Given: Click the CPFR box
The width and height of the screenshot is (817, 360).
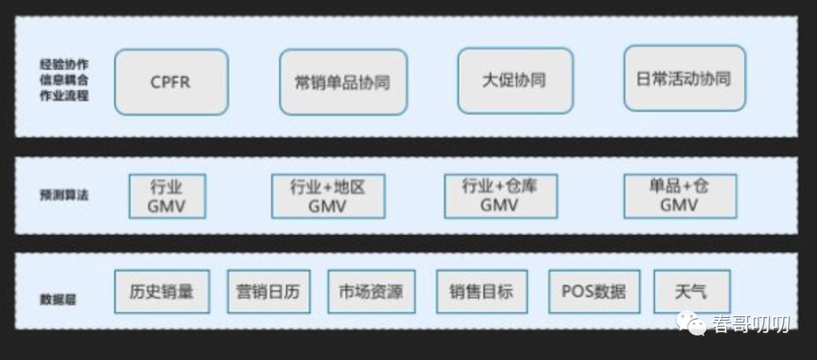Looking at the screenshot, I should click(171, 82).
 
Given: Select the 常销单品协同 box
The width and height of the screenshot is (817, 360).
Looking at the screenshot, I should click(343, 82).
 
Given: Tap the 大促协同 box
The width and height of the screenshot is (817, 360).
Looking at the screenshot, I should click(514, 80).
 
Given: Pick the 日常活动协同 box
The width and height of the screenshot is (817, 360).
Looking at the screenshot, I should click(684, 79).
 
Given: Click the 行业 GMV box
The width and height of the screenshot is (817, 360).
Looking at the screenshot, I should click(166, 196).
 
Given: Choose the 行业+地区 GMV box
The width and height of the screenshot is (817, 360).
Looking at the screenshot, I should click(328, 196).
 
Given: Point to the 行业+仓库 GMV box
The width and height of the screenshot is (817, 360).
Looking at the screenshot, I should click(500, 195).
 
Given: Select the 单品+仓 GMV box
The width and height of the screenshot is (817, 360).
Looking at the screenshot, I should click(679, 195).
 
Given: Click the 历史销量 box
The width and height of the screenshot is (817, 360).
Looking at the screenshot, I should click(161, 292).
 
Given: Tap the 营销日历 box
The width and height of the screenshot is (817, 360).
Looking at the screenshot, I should click(269, 292).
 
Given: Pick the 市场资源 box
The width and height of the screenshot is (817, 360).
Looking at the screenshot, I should click(371, 292).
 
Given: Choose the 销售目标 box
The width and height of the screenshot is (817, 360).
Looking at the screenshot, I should click(481, 292).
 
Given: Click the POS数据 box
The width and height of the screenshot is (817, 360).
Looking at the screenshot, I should click(594, 292).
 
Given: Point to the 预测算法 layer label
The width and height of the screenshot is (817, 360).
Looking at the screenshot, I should click(64, 195).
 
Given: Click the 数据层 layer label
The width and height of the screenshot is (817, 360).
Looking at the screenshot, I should click(58, 299).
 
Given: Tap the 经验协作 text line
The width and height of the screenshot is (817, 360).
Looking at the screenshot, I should click(64, 64).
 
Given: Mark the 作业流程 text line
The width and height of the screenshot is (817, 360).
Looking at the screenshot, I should click(64, 97).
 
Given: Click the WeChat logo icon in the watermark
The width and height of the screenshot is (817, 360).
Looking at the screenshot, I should click(693, 323).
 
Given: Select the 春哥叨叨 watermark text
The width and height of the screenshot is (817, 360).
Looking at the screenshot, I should click(750, 324).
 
